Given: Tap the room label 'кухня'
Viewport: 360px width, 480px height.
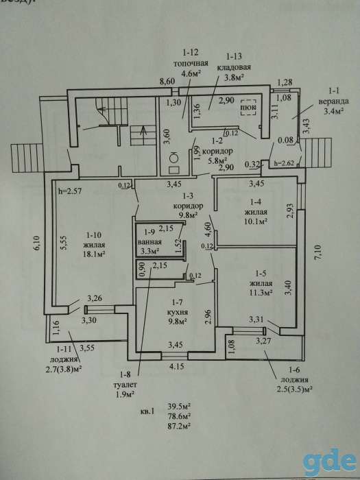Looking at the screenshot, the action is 176,313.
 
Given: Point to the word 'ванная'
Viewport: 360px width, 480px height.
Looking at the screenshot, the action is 149,242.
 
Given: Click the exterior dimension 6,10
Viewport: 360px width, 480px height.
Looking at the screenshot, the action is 38,243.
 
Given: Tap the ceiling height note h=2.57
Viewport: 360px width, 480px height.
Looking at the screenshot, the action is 70,191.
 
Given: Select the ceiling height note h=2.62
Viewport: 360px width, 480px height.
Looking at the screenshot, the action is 285,163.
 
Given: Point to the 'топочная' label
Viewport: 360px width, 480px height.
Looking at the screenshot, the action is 191,64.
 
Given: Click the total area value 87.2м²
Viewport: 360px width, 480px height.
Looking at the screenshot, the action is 180,426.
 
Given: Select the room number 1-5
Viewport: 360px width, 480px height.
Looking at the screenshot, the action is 261,272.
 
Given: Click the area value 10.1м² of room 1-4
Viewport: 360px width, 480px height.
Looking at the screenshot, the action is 256,221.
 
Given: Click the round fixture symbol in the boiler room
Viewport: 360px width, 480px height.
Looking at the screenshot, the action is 173,157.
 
